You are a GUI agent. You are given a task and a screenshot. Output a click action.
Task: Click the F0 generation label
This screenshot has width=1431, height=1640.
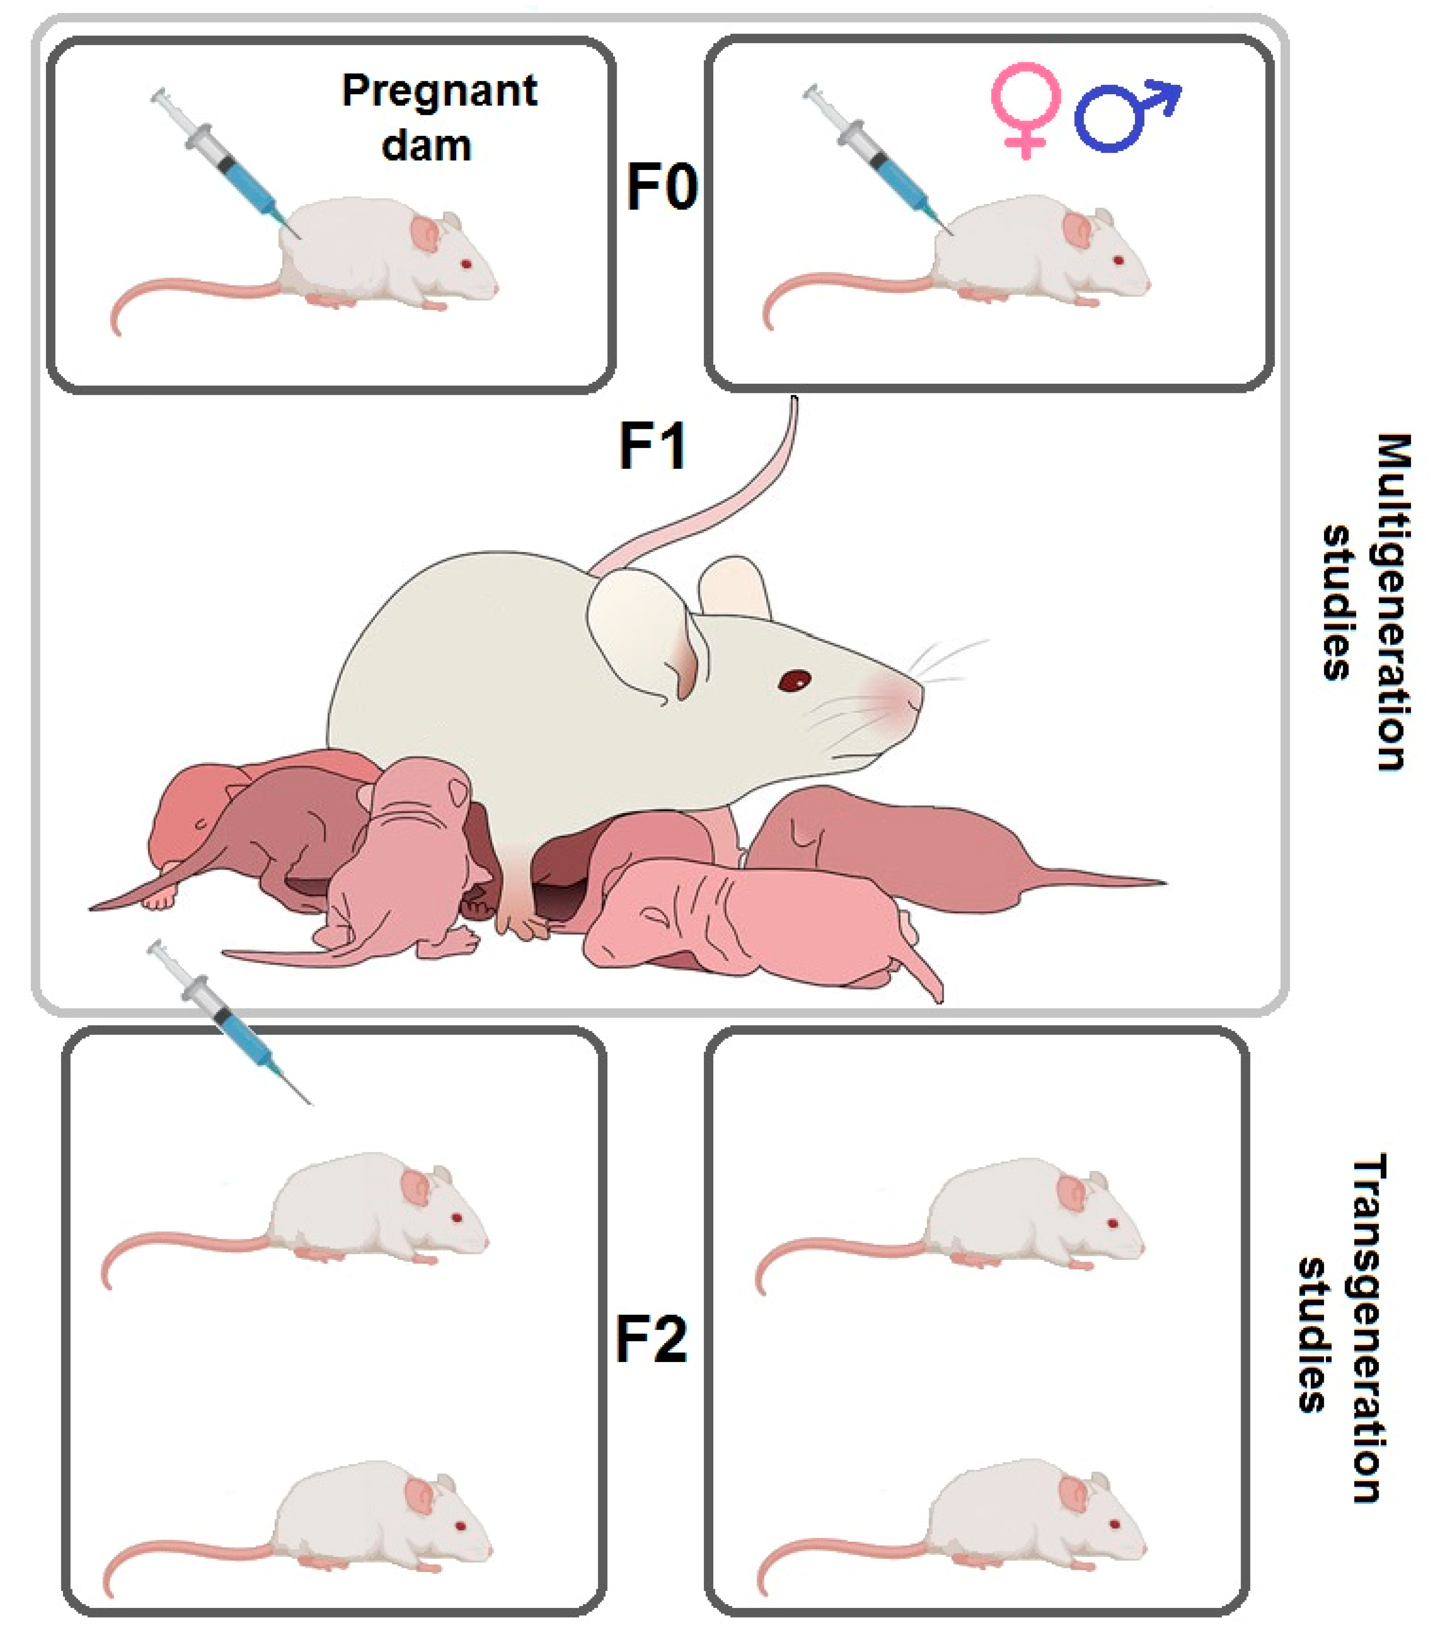tap(661, 186)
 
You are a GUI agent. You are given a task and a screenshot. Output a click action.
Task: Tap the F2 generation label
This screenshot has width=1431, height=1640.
tap(651, 1339)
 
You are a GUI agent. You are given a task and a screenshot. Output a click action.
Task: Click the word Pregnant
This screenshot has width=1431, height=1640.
tap(439, 90)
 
